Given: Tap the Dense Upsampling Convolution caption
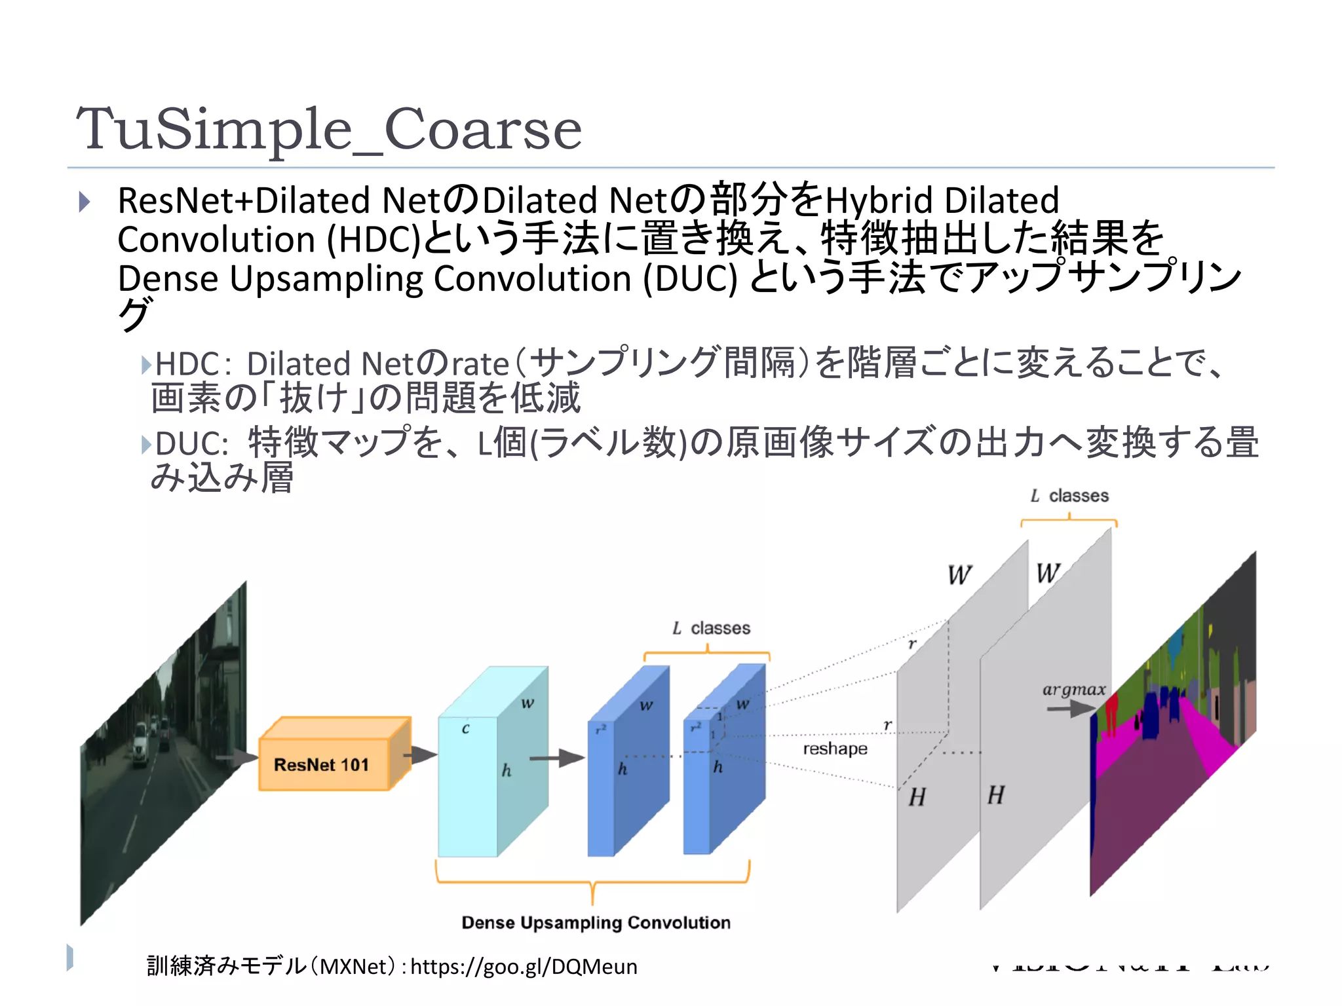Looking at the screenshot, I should (596, 922).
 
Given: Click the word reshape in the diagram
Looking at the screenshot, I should (835, 749).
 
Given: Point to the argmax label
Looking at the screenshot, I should (1073, 689).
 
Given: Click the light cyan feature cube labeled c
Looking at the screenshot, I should (468, 786).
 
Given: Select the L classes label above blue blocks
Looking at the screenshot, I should (711, 628).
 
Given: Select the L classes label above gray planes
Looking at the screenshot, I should (1069, 496).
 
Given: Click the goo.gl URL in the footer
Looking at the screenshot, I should (524, 966).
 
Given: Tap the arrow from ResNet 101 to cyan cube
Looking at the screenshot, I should (420, 755).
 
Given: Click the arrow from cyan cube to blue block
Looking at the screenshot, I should (556, 758).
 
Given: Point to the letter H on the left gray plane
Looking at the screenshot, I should (917, 797).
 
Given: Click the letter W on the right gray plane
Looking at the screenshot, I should (1048, 574).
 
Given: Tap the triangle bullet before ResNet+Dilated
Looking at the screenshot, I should (84, 202).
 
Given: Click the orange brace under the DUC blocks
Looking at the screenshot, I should (592, 881).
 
